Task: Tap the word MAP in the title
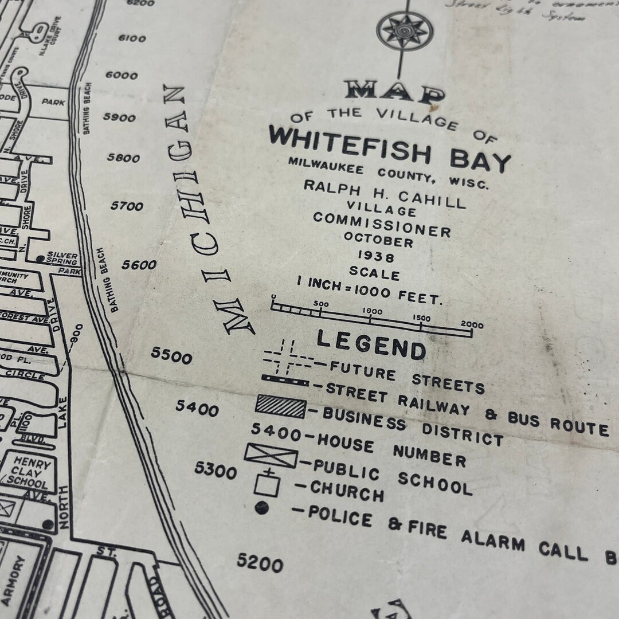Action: (x=395, y=92)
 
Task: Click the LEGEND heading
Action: (x=371, y=344)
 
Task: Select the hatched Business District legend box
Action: (x=280, y=406)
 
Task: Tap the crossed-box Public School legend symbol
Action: (x=271, y=456)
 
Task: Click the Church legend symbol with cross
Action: (x=268, y=483)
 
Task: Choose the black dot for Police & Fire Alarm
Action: (x=262, y=507)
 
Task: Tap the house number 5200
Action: (x=260, y=563)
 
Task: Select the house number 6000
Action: (x=122, y=75)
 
